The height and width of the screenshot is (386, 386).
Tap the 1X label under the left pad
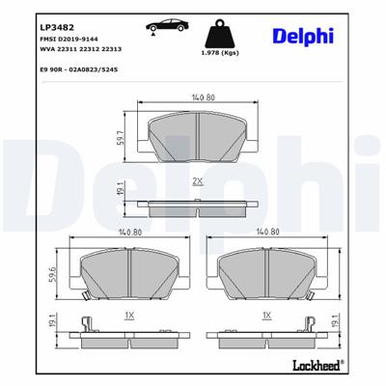129,315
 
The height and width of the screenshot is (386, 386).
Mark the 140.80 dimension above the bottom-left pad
129,233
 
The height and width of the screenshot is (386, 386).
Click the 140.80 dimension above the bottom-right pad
267,233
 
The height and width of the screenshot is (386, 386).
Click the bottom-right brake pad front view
267,275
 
